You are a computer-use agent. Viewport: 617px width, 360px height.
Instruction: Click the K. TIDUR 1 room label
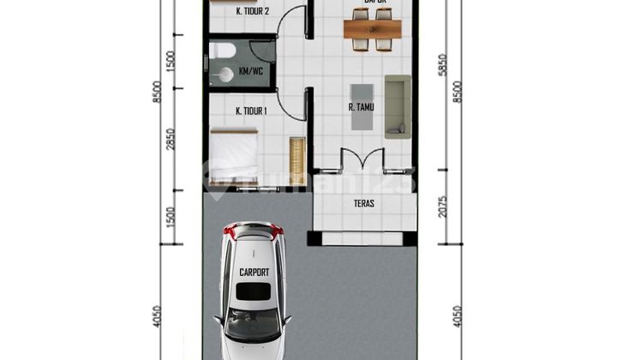(x=252, y=111)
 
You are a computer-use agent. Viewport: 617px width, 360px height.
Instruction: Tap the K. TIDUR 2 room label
(x=252, y=11)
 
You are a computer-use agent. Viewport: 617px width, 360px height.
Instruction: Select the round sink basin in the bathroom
(x=225, y=75)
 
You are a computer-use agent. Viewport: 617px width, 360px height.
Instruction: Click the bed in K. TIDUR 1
(x=234, y=154)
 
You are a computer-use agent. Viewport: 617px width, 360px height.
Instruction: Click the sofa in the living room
(x=398, y=106)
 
